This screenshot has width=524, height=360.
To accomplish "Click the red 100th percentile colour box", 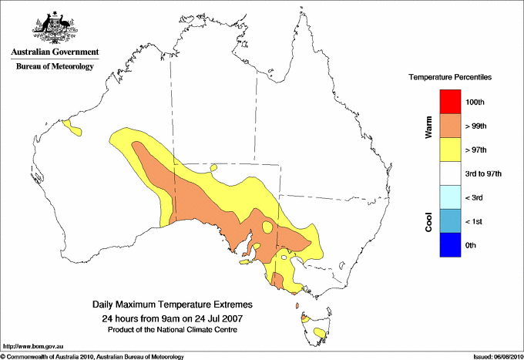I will (450, 102).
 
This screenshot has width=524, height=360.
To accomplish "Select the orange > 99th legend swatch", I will (450, 126).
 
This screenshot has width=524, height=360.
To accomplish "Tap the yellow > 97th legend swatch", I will (450, 150).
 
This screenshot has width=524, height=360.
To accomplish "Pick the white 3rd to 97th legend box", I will (450, 173).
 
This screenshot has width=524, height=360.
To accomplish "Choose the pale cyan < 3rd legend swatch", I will (450, 197).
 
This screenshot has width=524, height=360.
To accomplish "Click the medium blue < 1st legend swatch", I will (450, 221).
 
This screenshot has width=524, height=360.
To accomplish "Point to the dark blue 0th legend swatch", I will (450, 245).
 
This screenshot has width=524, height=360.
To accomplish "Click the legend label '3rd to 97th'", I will (484, 174).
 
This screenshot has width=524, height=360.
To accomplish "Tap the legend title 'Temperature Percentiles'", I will (450, 78).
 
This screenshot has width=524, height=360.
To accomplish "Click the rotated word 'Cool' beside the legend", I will (429, 221).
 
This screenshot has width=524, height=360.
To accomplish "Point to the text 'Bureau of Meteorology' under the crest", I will (55, 67).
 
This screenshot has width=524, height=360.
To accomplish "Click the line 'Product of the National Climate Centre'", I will (172, 330).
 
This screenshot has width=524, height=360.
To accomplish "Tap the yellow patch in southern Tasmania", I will (319, 333).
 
